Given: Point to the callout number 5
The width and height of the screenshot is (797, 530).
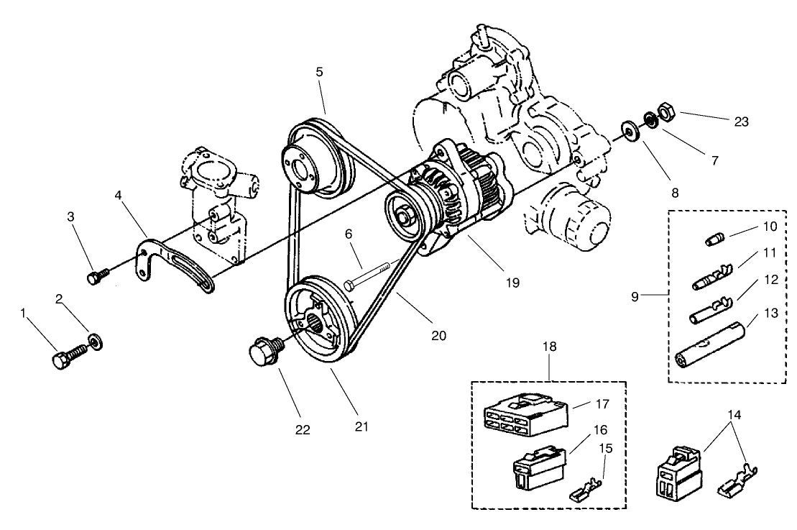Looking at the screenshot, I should (319, 72).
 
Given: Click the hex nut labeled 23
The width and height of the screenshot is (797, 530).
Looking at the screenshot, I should (664, 111).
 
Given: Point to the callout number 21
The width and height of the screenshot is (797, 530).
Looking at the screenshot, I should (361, 426).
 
